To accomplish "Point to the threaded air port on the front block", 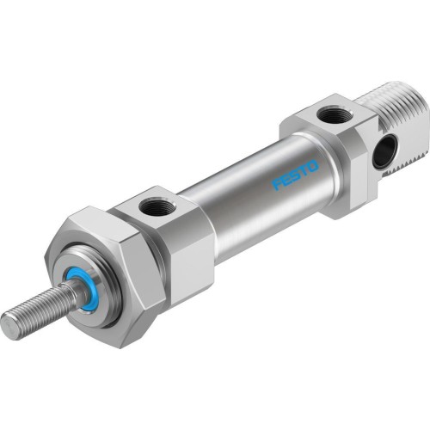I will tap(158, 206).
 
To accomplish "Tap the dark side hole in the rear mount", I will tap(381, 152).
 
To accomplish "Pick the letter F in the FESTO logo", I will tap(277, 183).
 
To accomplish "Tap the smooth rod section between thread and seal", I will tap(72, 300).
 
